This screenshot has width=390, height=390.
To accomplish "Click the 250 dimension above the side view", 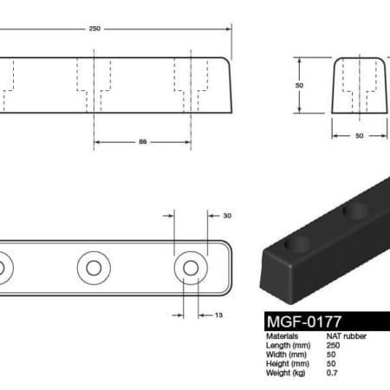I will [94, 29].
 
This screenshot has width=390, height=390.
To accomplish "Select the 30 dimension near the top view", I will [228, 216].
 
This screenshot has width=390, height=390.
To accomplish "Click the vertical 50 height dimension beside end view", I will [299, 86].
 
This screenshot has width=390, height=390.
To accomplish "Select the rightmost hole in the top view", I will [191, 266].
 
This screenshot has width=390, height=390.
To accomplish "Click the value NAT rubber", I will [342, 335].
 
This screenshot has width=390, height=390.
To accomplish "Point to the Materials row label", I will [283, 335].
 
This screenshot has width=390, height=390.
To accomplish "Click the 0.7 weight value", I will [330, 374].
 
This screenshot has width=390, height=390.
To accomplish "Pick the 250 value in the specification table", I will [333, 345].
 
